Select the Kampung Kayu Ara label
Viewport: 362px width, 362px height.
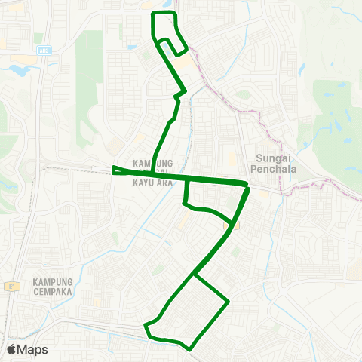(153, 173)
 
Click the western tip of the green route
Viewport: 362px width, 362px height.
(113, 170)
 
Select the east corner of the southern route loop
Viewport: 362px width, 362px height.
(228, 302)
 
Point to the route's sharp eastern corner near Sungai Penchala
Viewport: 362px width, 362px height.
(247, 185)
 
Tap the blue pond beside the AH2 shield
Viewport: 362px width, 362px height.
(20, 69)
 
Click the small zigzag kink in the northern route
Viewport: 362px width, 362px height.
(180, 94)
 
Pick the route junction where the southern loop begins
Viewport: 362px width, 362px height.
(196, 275)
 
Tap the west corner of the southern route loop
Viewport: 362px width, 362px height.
(146, 326)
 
